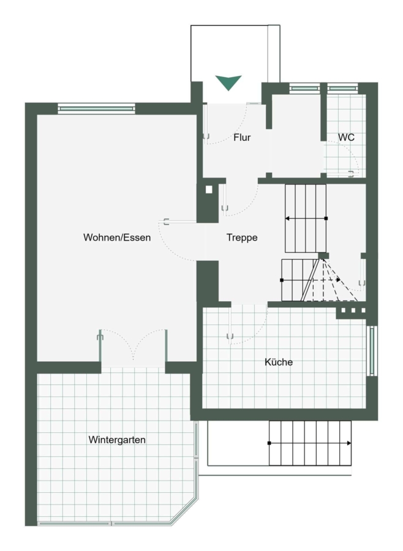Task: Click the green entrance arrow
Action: point(228,82)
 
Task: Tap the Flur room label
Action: point(242,137)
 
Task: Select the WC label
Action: point(346,137)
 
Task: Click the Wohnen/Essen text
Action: point(117,238)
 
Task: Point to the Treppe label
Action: point(242,238)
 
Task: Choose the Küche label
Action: point(279,362)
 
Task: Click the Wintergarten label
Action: point(117,440)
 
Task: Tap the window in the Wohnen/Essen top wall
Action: point(96,108)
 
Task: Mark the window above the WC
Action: point(342,89)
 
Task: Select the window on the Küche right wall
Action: point(372,351)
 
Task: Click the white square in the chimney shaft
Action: point(209,190)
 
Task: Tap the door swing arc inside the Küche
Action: point(257,334)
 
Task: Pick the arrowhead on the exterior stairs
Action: point(349,443)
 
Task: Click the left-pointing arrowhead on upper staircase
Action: point(287,219)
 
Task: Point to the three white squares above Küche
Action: point(353,310)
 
